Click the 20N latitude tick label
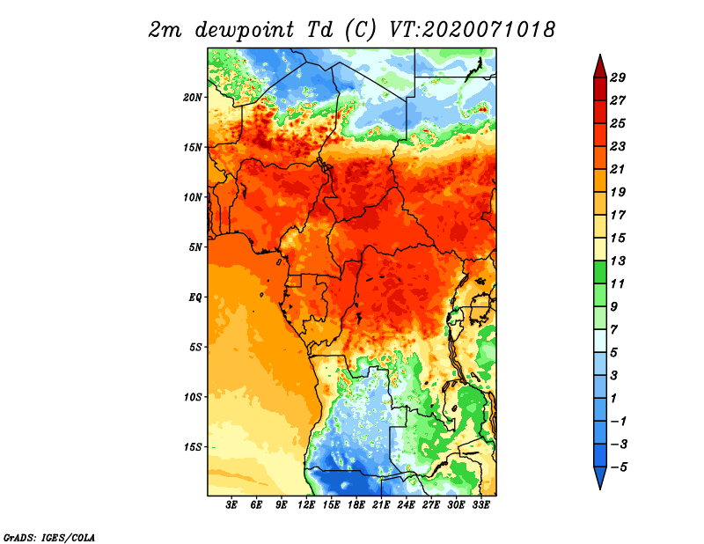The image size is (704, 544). (x=194, y=97)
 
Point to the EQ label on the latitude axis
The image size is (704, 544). (x=195, y=297)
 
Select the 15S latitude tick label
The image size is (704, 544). (x=194, y=446)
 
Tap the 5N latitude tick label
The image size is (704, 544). (x=196, y=246)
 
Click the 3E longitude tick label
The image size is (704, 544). (x=232, y=505)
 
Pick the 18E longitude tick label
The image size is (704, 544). (x=356, y=505)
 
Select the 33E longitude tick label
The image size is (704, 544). (x=480, y=505)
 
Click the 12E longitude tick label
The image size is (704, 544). (x=307, y=505)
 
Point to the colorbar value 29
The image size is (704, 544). (x=629, y=77)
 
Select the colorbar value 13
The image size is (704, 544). (x=629, y=261)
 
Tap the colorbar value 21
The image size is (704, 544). (x=629, y=169)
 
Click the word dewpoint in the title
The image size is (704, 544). (x=234, y=30)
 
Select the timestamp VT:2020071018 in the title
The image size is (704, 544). (x=472, y=29)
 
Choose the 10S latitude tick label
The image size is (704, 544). (x=194, y=397)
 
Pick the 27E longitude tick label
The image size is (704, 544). (x=431, y=505)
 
